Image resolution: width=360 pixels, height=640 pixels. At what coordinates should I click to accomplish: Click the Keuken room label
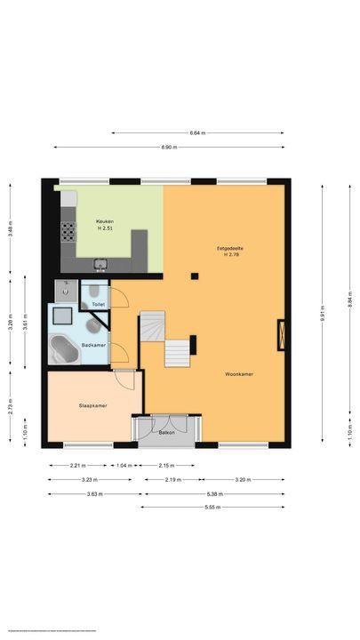click(106, 221)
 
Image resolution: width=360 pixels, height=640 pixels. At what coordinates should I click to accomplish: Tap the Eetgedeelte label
click(228, 247)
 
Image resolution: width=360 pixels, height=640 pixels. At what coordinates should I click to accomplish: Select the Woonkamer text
click(239, 374)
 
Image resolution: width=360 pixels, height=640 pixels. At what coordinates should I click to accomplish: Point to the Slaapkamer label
click(93, 405)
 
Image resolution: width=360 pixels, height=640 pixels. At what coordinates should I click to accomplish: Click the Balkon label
click(166, 433)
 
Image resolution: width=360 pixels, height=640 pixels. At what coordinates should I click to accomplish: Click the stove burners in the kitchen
click(66, 233)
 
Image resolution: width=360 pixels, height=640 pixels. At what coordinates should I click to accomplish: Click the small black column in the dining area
click(195, 275)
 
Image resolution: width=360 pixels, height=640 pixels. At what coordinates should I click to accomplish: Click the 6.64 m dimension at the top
click(197, 133)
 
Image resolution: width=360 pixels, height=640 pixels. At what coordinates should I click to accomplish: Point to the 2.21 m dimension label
click(77, 466)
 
